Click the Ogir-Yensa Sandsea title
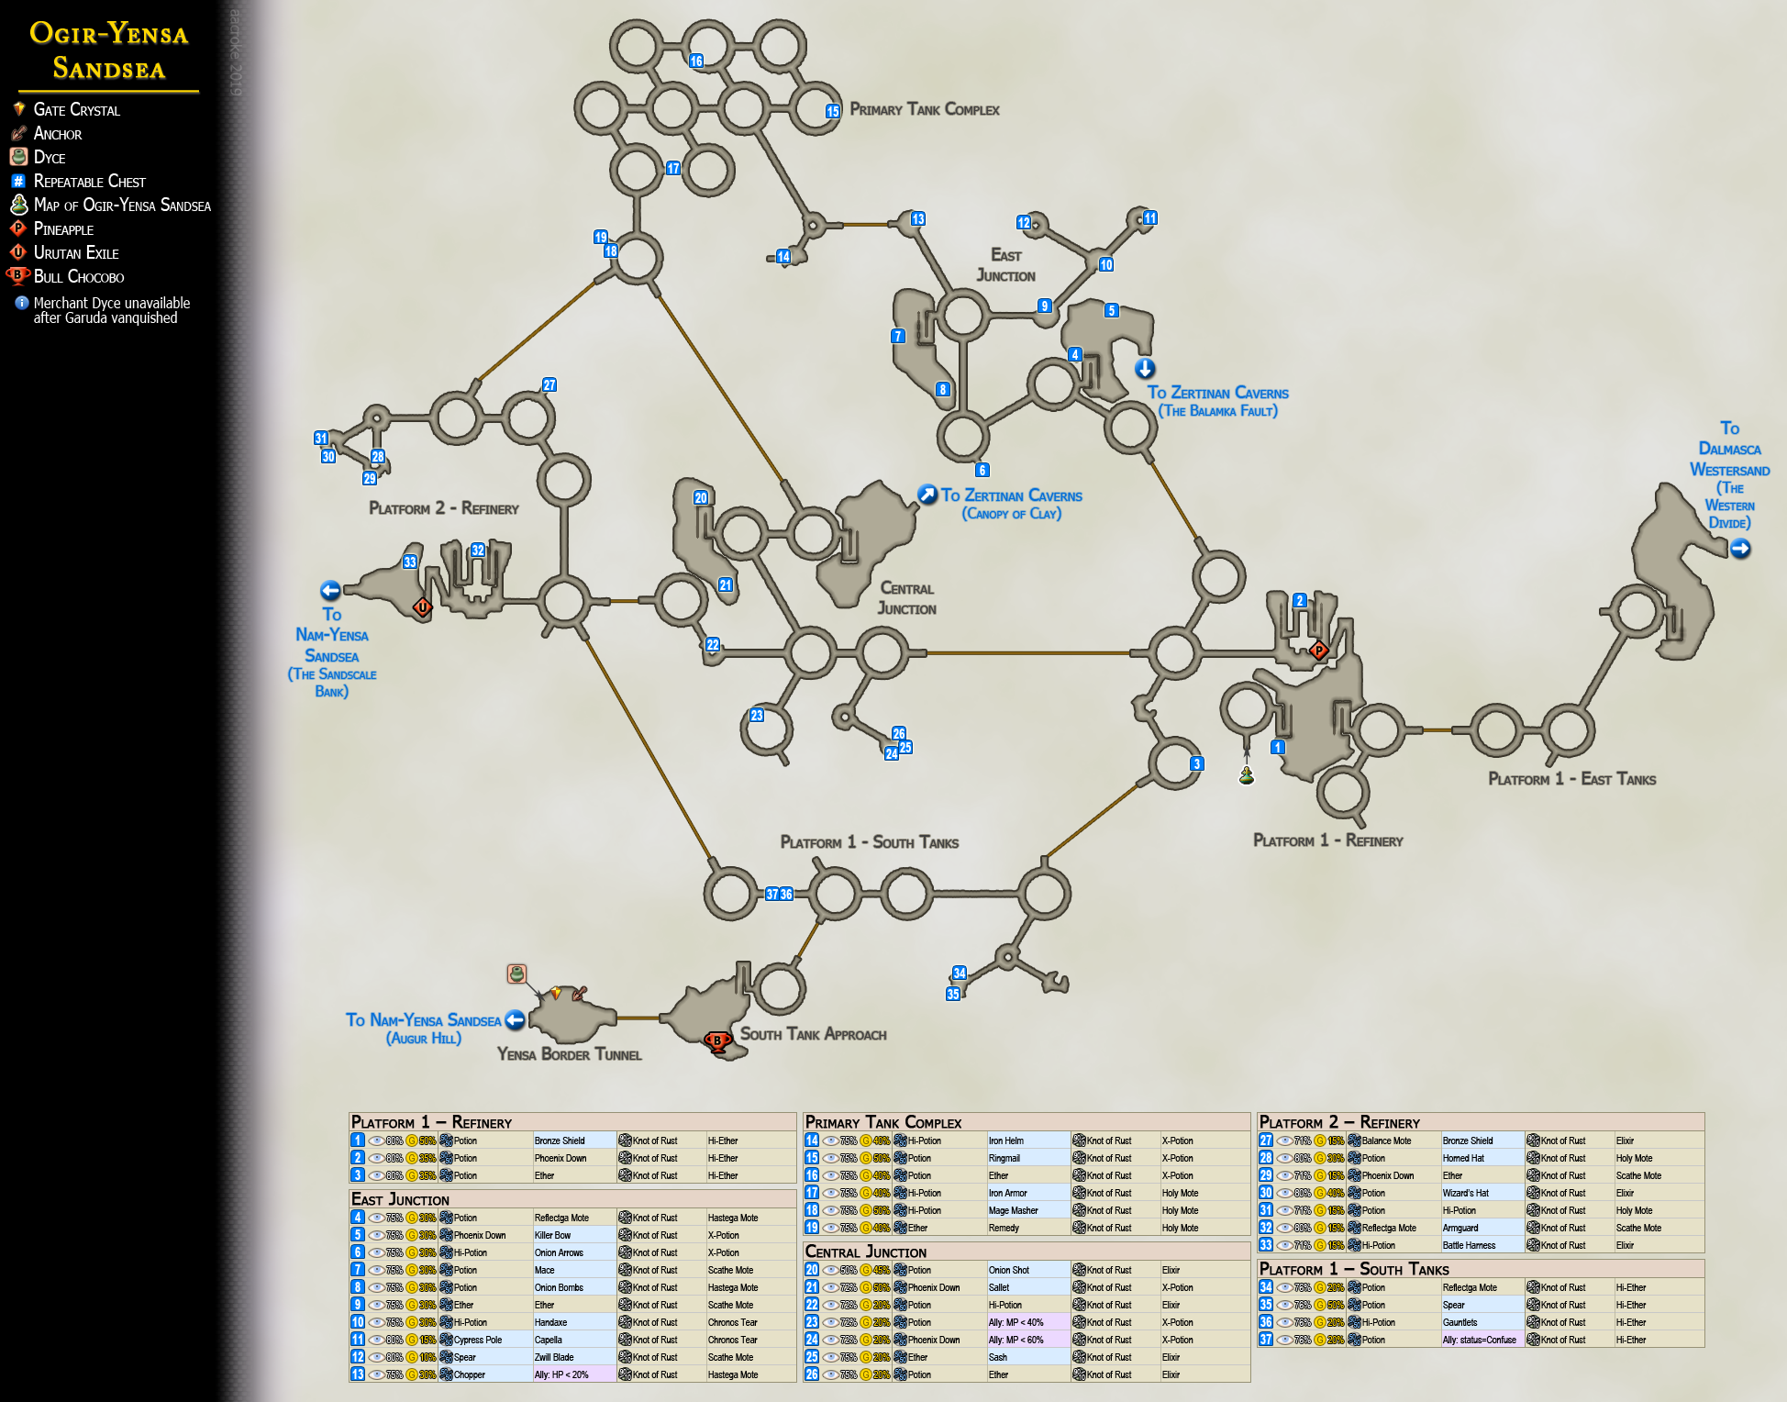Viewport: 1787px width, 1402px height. tap(109, 50)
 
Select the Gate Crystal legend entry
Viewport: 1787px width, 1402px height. tap(76, 110)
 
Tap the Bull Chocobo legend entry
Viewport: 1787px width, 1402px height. tap(78, 277)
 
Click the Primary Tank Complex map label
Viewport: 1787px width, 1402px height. tap(924, 110)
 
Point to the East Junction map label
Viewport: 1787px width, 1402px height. tap(1005, 265)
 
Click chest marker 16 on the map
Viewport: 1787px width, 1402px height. tap(696, 61)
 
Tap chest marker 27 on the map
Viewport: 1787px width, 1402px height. tap(549, 385)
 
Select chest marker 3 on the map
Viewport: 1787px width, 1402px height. tap(1196, 763)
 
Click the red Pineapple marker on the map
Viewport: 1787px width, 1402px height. tap(1318, 651)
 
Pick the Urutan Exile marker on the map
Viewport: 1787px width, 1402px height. tap(422, 606)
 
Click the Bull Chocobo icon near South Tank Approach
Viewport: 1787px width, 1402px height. tap(717, 1040)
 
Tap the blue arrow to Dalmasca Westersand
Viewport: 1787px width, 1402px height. tap(1740, 549)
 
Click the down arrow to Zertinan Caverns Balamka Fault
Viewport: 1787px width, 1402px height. tap(1145, 369)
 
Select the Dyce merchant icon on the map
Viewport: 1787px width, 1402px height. tap(516, 974)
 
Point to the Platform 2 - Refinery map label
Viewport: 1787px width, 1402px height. tap(443, 508)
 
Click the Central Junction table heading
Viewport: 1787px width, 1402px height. tap(865, 1252)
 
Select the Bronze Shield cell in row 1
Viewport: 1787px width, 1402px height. tap(560, 1141)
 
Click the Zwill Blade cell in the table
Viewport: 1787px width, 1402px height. tap(554, 1358)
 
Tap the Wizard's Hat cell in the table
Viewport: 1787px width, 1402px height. tap(1465, 1194)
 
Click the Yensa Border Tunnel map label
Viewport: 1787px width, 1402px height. tap(569, 1055)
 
